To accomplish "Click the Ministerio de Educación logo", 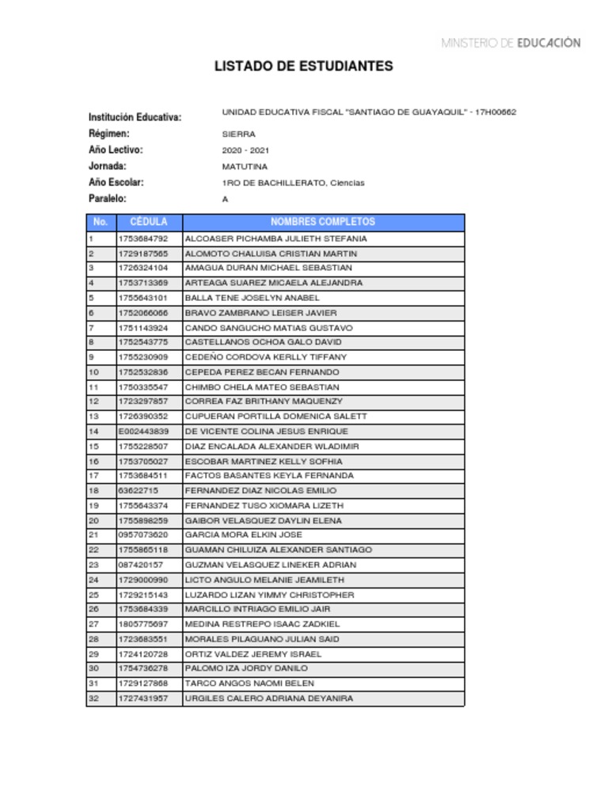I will (511, 43).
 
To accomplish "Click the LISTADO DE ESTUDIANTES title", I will (303, 67).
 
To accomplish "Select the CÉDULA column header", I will (149, 223).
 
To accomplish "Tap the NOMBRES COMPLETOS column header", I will (323, 223).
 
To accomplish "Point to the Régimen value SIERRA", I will (238, 135).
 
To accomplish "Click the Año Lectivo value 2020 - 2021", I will (245, 150).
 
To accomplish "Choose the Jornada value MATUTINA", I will (245, 167).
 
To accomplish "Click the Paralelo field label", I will (107, 199).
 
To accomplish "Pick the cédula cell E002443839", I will (143, 432).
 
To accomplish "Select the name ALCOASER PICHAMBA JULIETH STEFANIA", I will (275, 238).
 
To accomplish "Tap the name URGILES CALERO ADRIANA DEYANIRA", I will (268, 699).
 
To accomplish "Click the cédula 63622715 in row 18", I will (138, 491).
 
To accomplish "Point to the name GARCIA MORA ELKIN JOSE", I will (243, 535).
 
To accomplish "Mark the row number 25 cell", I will (93, 595).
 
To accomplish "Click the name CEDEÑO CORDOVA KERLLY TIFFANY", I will (265, 357).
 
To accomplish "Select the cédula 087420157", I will (140, 565).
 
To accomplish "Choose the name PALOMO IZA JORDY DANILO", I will (246, 668).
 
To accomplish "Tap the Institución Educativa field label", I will (135, 117).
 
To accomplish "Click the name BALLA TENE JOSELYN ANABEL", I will (252, 298).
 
